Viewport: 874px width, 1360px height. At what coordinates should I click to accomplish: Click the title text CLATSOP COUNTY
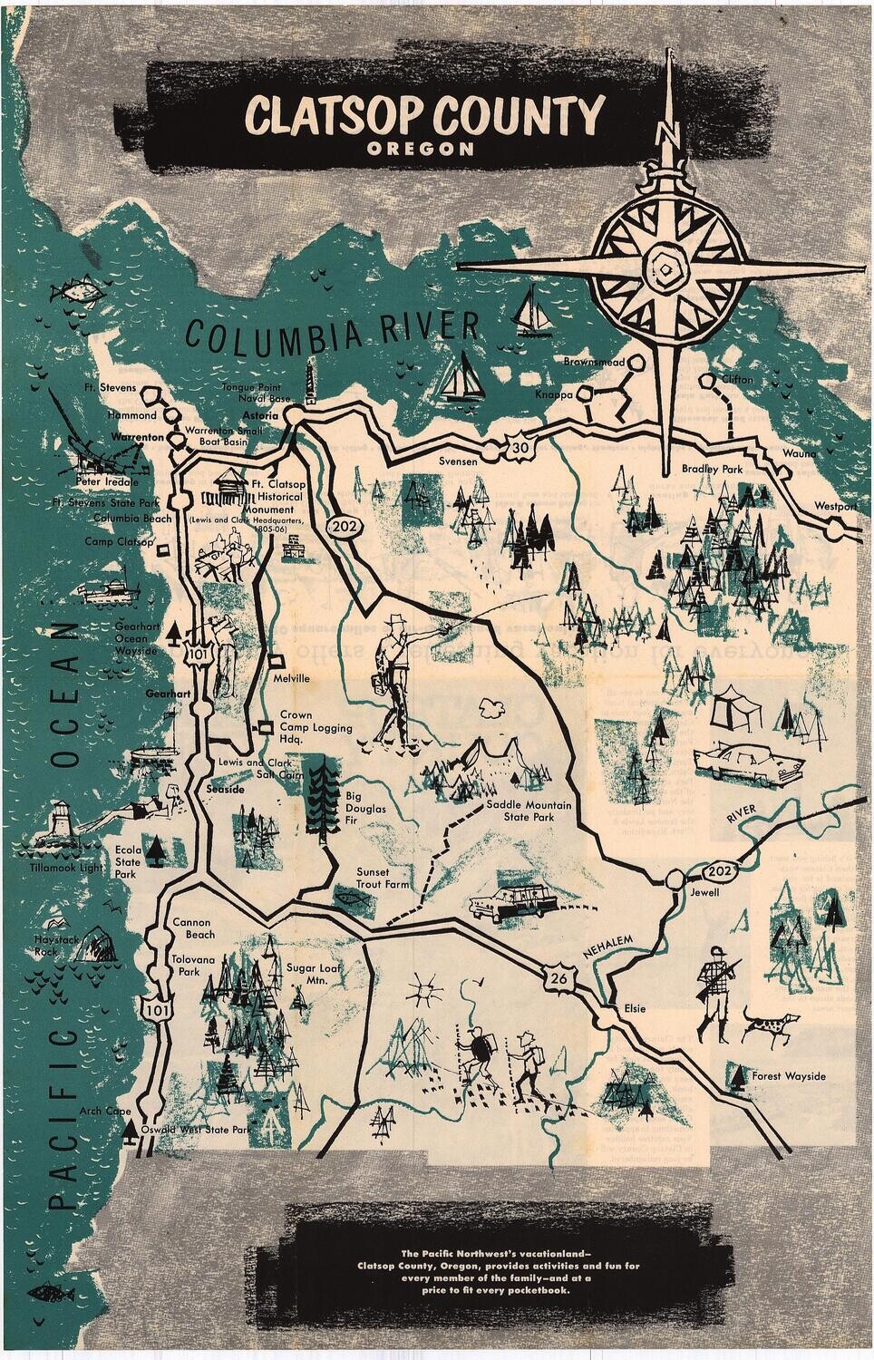(x=424, y=116)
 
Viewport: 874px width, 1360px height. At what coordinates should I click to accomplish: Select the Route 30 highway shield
(x=518, y=447)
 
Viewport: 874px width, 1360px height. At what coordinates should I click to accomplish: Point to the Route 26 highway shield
(x=553, y=978)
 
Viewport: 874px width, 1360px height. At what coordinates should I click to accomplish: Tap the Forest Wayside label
(x=789, y=1076)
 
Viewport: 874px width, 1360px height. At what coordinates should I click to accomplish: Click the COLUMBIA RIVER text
(x=331, y=332)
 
